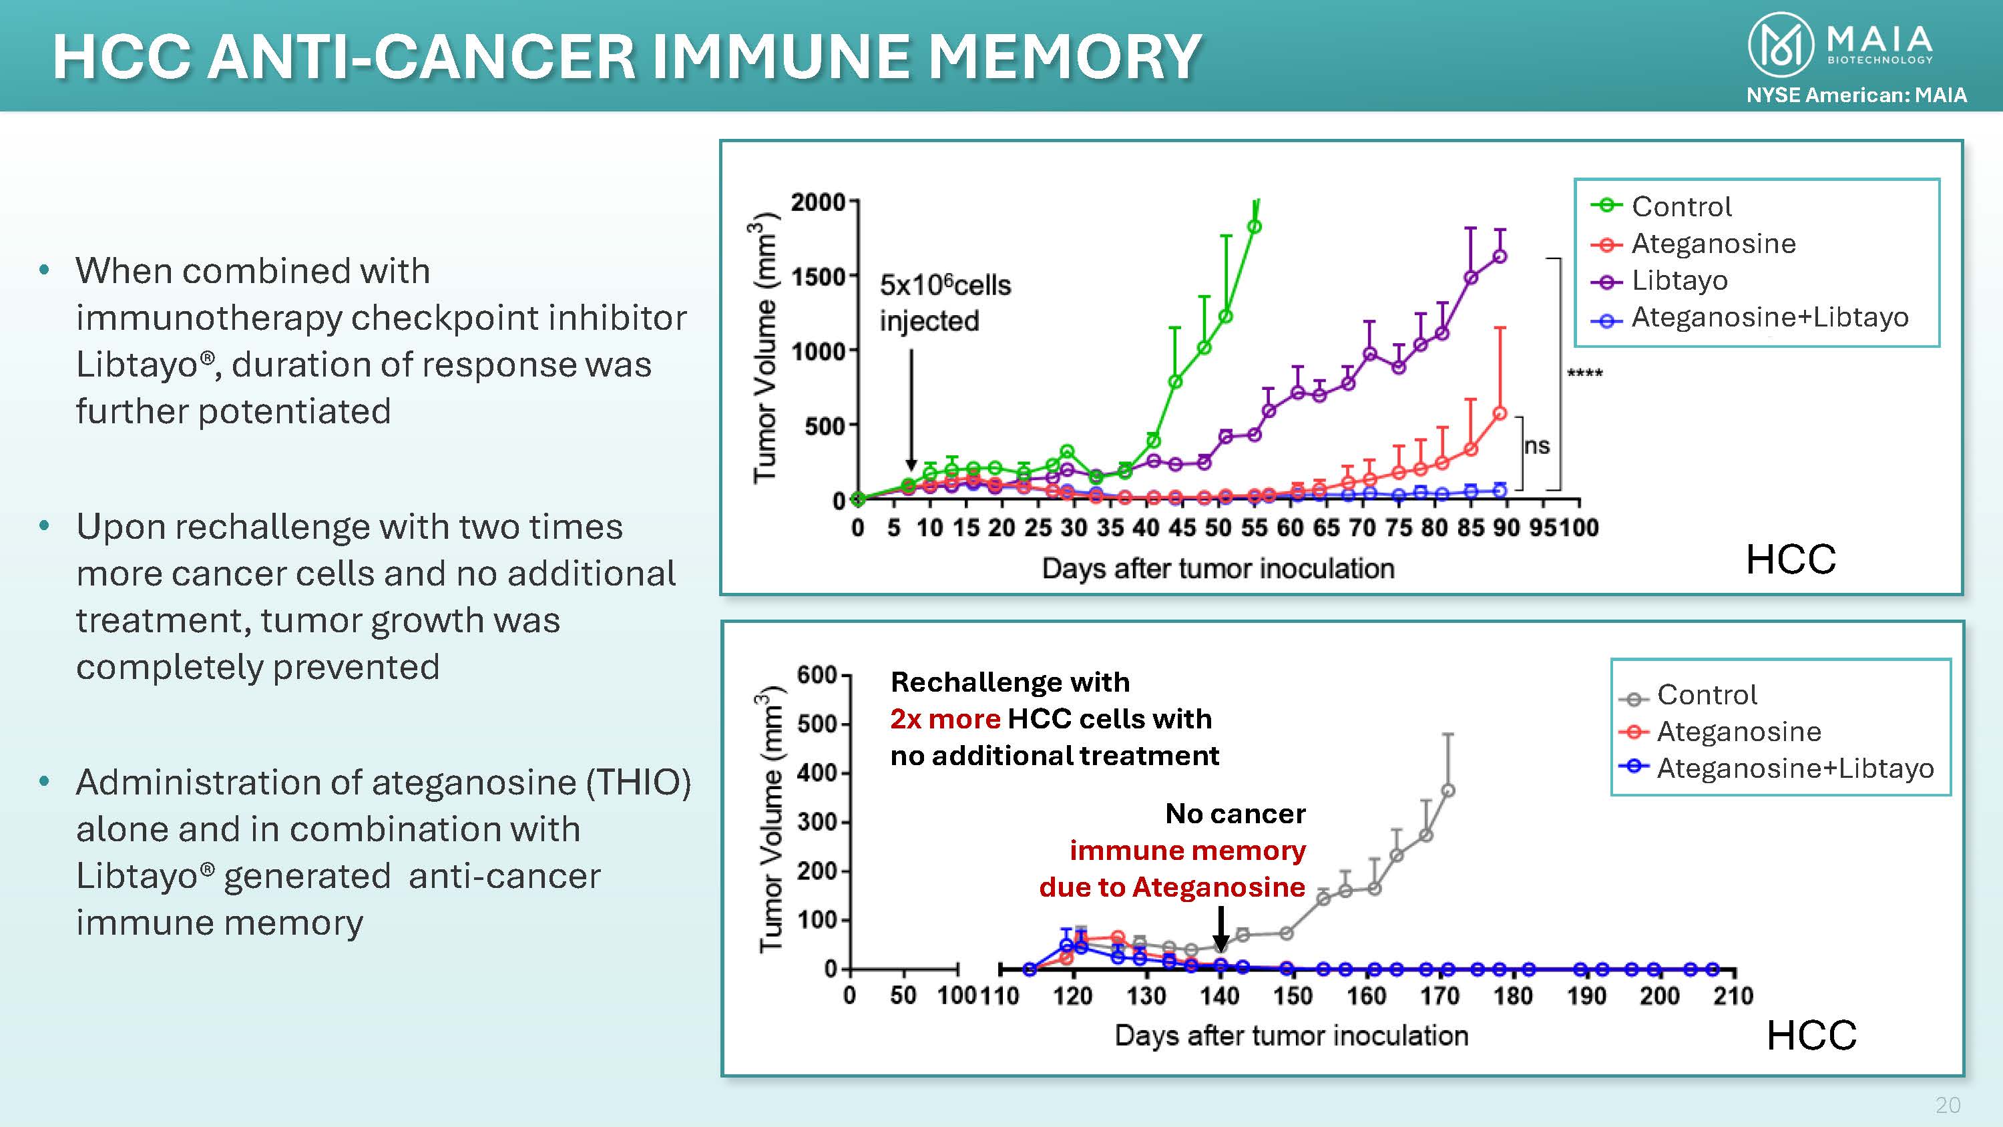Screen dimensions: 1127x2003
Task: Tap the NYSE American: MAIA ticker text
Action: [1856, 95]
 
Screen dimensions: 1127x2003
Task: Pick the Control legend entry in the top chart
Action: [1681, 207]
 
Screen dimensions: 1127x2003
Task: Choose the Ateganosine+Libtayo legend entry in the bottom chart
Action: [1795, 768]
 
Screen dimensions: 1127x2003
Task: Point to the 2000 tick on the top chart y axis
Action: [818, 202]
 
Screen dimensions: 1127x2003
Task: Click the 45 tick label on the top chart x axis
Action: [1182, 528]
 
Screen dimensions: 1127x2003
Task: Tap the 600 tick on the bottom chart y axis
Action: [817, 675]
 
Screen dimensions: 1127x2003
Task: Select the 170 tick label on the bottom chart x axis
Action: [1439, 996]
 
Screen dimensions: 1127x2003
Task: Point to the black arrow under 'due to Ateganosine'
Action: [1220, 929]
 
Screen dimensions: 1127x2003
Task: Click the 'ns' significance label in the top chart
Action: [1536, 447]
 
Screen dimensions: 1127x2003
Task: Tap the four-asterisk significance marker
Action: [1584, 374]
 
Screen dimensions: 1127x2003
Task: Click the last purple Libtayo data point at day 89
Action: [1500, 256]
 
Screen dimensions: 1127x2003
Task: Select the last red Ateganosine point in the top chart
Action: [1500, 414]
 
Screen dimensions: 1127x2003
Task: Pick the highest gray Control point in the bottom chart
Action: [1448, 791]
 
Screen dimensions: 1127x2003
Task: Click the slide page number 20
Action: [1948, 1105]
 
